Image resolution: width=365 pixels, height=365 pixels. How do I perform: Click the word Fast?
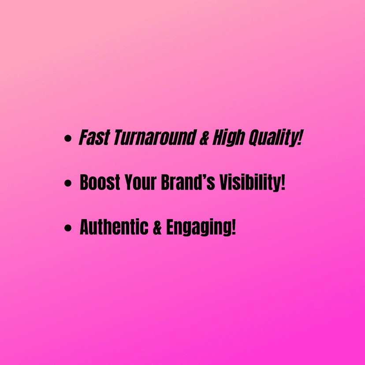94,138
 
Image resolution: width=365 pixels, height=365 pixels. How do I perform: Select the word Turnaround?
155,138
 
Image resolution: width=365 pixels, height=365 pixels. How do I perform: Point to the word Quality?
273,138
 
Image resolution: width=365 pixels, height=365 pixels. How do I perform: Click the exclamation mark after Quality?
300,138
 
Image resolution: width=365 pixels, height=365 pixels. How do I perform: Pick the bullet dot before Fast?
68,138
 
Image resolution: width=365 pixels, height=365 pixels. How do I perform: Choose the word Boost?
100,182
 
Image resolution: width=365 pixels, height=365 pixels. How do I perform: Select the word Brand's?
188,182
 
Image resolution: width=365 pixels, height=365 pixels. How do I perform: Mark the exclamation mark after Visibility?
283,182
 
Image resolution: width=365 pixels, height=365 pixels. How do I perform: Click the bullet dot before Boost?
68,183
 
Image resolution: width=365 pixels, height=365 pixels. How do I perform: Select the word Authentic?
114,227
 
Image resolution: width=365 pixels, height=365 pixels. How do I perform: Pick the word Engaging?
199,227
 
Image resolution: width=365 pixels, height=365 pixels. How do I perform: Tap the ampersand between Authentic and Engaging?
157,227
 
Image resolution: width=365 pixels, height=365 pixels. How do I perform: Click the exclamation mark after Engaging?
234,227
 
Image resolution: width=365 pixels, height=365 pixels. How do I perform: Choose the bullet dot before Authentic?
68,228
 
